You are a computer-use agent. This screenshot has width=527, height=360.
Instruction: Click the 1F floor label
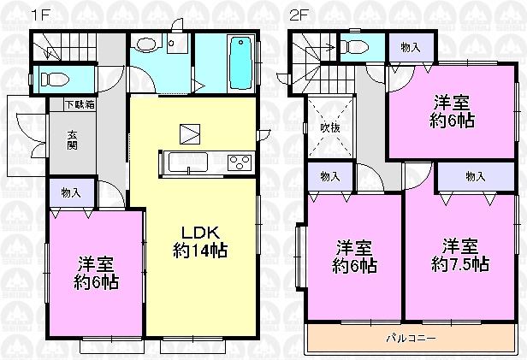point(38,15)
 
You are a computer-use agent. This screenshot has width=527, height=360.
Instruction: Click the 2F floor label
point(298,15)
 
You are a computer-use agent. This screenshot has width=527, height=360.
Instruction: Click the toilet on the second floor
point(353,44)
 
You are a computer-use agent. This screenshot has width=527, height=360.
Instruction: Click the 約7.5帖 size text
point(460,265)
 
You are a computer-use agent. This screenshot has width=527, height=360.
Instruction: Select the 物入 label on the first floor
point(71,193)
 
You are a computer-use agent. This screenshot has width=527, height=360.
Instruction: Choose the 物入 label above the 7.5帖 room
point(477,176)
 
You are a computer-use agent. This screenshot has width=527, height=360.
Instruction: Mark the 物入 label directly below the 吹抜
point(330,176)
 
